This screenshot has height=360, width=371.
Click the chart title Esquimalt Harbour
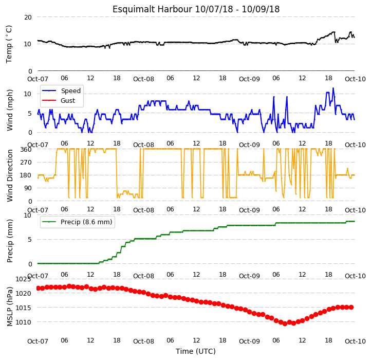click(x=152, y=9)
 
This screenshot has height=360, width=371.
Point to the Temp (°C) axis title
click(x=9, y=44)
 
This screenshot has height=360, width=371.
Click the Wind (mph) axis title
click(x=9, y=110)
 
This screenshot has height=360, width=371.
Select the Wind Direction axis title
click(x=9, y=175)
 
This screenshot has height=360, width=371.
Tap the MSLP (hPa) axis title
click(x=9, y=307)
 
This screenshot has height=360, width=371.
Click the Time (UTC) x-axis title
click(x=196, y=351)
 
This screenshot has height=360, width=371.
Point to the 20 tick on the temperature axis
click(x=28, y=17)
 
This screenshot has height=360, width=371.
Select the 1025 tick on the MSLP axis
click(x=23, y=279)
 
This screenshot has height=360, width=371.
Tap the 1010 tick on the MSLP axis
click(x=23, y=322)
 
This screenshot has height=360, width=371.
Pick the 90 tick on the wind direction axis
click(x=28, y=188)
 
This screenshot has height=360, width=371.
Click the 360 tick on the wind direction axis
click(x=26, y=150)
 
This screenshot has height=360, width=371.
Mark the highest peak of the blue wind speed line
click(x=333, y=88)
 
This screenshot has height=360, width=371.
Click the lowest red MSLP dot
click(x=285, y=323)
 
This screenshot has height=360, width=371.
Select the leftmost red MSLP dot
click(x=38, y=288)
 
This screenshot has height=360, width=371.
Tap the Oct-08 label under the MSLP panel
click(x=143, y=341)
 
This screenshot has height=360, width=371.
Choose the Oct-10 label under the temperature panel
click(x=355, y=79)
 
